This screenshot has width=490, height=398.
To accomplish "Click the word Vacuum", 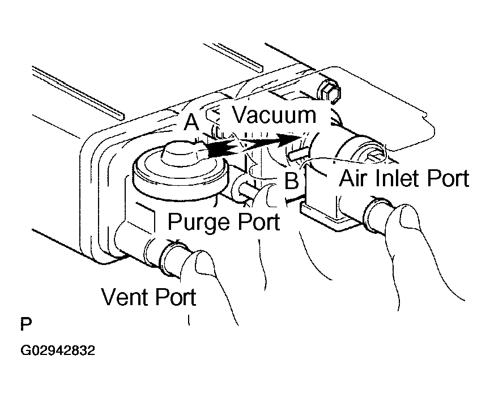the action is pos(275,115).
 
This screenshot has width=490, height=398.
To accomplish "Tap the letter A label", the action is pos(191,122).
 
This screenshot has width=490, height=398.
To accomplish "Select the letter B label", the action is pos(291,180).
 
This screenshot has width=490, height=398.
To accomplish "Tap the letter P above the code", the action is pos(26,324).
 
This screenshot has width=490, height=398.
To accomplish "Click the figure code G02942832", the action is pos(58,350).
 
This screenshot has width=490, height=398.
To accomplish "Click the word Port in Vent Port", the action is pos(176,297).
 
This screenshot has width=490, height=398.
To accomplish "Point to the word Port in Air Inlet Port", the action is pos(448,178).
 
